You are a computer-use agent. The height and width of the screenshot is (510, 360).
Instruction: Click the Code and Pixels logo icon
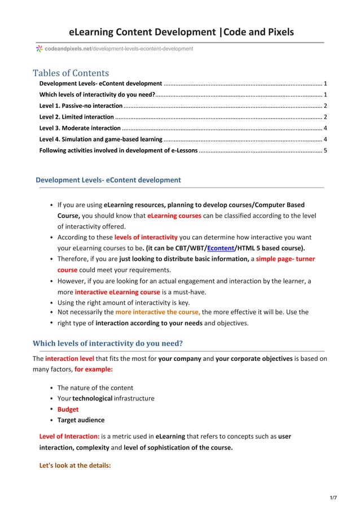(39, 49)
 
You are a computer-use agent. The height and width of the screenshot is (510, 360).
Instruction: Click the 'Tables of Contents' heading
(71, 73)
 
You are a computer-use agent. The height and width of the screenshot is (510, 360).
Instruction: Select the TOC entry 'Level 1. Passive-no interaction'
(81, 106)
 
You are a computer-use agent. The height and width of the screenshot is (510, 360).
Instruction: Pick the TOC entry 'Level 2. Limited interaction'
(76, 117)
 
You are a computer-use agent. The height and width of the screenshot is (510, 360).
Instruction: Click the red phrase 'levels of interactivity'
(146, 237)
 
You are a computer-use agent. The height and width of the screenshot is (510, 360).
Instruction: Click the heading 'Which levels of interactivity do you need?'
(108, 343)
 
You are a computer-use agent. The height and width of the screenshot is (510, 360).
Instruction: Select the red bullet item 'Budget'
(68, 409)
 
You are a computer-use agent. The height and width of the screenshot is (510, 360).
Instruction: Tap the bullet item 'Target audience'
(81, 420)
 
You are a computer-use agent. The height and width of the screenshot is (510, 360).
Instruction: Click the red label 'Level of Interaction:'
(69, 437)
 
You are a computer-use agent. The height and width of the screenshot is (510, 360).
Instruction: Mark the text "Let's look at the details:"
(74, 466)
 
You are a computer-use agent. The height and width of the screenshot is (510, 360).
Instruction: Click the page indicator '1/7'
(333, 498)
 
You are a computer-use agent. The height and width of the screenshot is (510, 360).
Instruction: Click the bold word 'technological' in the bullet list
(92, 398)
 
